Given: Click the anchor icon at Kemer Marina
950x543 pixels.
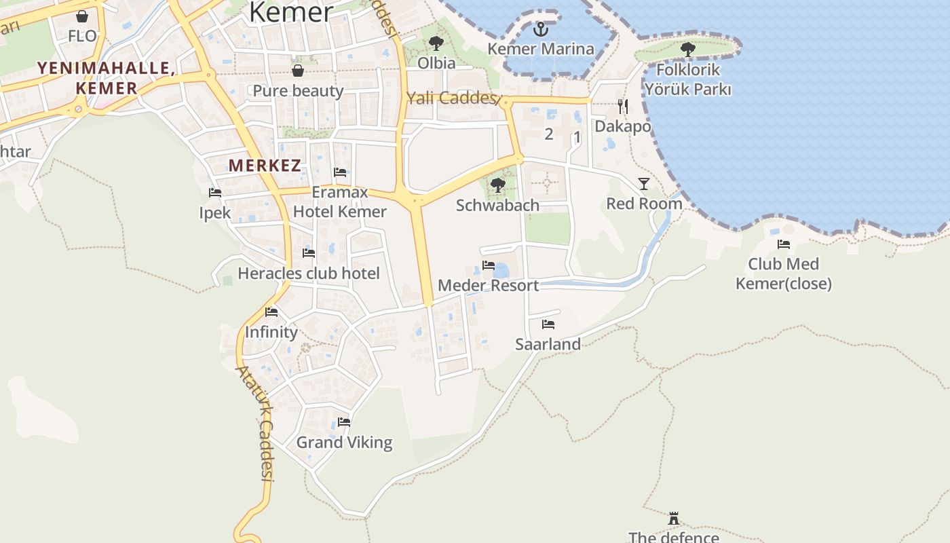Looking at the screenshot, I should [x=540, y=29].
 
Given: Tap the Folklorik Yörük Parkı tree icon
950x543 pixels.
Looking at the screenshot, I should [x=687, y=49].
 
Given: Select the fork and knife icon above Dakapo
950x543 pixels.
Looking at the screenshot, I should [x=623, y=106].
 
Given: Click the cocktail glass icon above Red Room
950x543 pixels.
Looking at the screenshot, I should [x=643, y=183].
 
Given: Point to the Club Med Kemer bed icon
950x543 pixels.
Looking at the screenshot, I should [x=784, y=244].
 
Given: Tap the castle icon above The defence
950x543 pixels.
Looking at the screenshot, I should [x=673, y=519].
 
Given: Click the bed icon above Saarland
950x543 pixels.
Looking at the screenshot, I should [x=548, y=324].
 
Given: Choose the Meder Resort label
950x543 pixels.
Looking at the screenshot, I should [x=488, y=285].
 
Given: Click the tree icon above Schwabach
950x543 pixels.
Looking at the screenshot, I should [x=497, y=185].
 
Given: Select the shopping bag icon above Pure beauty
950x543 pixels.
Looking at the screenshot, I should [x=297, y=71].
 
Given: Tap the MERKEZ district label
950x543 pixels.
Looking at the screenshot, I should [x=265, y=165].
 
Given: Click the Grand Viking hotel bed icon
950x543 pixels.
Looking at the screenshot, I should [x=344, y=422].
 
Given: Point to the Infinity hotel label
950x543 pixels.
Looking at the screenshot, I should [x=271, y=332].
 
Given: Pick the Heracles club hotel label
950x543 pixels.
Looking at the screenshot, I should [x=308, y=274].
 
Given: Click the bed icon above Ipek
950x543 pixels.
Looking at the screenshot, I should [x=215, y=193].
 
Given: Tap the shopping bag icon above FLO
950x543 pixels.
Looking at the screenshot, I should [x=82, y=16].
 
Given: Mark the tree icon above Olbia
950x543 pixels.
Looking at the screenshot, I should [x=436, y=43].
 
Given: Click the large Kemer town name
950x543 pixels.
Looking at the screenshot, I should [x=291, y=12].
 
